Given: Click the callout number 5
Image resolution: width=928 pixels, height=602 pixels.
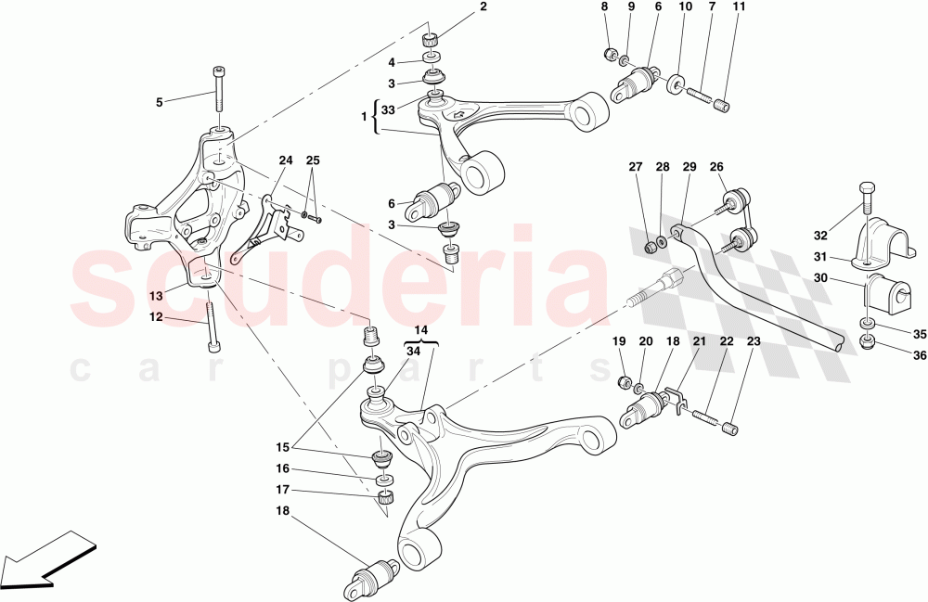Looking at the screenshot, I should pyautogui.click(x=159, y=102).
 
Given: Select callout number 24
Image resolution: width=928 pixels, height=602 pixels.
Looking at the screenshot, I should pyautogui.click(x=286, y=160).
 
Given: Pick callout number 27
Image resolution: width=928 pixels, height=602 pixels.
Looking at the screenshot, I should pyautogui.click(x=635, y=168).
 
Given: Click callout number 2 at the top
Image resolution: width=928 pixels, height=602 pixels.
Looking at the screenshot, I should pyautogui.click(x=483, y=7).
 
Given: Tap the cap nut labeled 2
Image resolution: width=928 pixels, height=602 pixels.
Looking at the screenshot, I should pyautogui.click(x=430, y=39).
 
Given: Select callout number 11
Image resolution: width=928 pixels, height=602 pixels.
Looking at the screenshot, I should pyautogui.click(x=739, y=7).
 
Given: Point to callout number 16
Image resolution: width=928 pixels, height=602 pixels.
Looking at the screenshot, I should pyautogui.click(x=282, y=469).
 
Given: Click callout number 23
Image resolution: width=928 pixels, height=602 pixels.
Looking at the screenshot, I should pyautogui.click(x=753, y=341).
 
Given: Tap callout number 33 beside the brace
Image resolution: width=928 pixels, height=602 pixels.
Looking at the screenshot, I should pyautogui.click(x=388, y=109).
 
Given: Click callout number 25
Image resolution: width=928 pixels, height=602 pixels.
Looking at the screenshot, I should pyautogui.click(x=314, y=160).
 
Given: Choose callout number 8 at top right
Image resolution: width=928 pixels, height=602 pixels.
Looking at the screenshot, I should pyautogui.click(x=605, y=7).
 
